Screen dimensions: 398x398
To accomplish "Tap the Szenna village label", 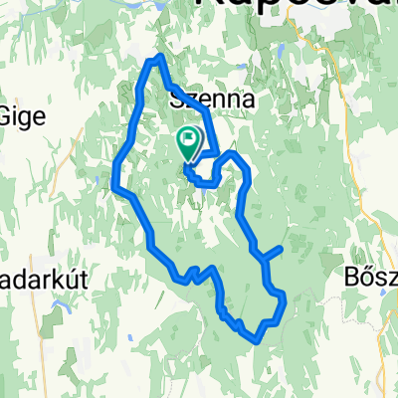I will click(208, 99).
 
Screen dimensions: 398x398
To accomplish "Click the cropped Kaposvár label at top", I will click(298, 8).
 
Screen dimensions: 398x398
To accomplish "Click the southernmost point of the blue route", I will click(257, 338).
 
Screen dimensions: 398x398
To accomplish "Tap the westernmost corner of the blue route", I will click(115, 186).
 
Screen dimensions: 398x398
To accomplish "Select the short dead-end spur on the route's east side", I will click(276, 251).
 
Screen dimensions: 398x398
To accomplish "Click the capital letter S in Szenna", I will click(178, 99).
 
